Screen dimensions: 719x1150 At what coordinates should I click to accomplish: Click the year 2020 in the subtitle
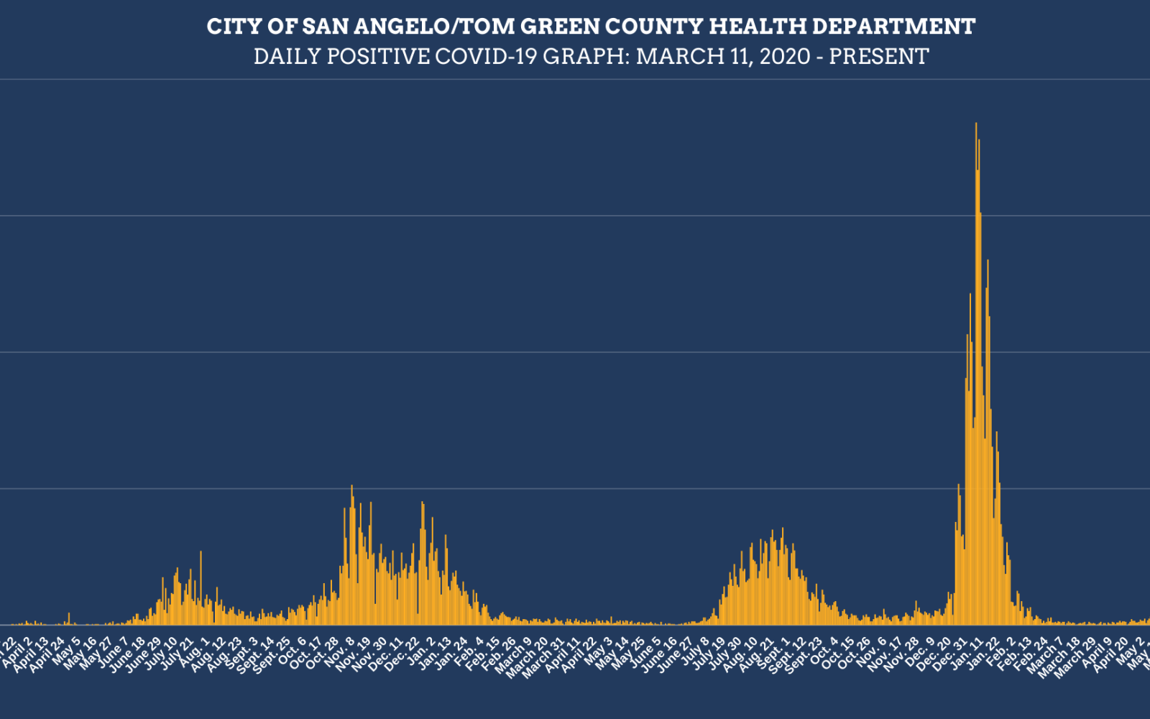[x=785, y=56]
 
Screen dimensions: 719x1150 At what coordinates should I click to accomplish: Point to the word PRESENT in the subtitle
[x=878, y=56]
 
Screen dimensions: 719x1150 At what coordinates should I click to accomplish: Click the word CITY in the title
[x=230, y=27]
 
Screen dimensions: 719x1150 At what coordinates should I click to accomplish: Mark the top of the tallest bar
[x=975, y=124]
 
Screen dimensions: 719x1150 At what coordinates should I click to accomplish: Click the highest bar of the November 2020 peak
[x=351, y=487]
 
